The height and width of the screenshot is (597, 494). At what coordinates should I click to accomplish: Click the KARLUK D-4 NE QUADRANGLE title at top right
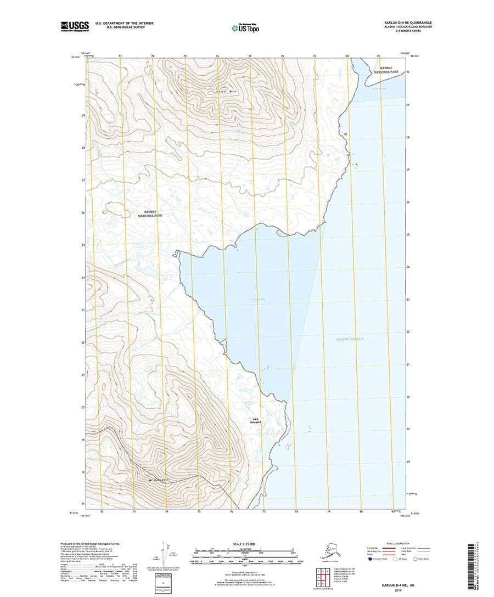coord(407,23)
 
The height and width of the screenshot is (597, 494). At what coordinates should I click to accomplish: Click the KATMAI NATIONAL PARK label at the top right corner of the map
coord(389,70)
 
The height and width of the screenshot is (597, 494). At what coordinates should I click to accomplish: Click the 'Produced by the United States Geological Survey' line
coord(89,544)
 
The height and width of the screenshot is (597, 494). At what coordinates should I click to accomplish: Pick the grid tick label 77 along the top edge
coord(250,56)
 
